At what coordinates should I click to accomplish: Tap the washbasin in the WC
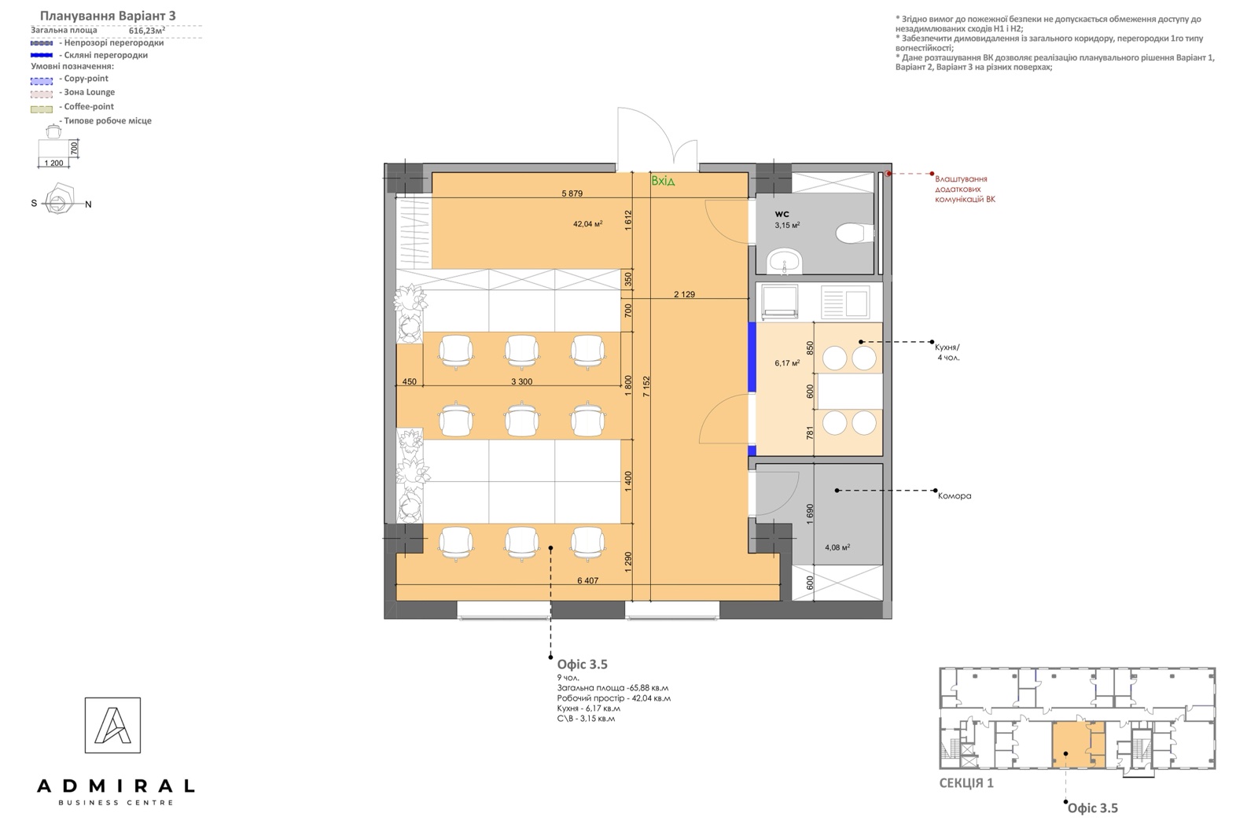785,262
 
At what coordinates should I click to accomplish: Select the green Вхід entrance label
663,181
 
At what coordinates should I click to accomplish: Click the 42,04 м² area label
587,223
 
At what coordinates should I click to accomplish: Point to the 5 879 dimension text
572,193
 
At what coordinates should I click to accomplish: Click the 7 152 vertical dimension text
646,386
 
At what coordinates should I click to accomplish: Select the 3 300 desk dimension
521,382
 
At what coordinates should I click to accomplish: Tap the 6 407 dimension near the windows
587,580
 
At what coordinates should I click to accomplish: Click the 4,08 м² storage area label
837,547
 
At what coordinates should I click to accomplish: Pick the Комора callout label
955,496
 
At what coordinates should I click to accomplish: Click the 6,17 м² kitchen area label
787,363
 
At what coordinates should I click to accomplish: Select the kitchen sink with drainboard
845,302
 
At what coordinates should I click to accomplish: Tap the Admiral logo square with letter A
113,725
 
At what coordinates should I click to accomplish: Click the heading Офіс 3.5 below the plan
583,664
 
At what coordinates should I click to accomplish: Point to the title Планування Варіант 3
108,16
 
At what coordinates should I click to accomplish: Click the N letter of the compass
88,204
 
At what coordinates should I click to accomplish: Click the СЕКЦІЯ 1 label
966,783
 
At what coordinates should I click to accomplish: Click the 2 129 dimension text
684,294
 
